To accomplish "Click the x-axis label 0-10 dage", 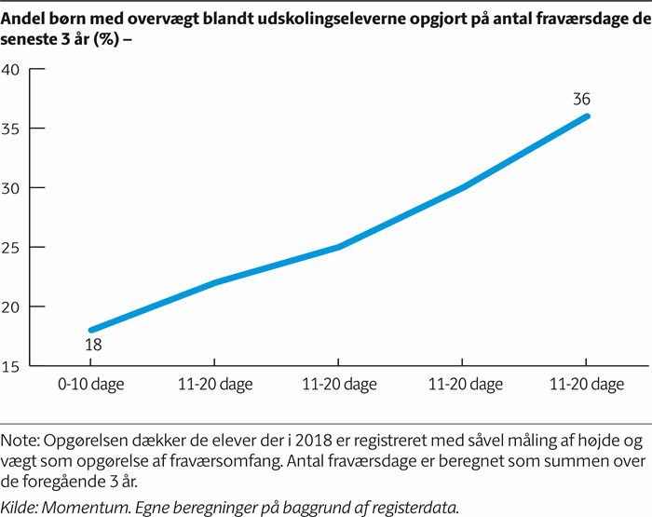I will tap(91, 385).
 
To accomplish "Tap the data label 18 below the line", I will tap(93, 346).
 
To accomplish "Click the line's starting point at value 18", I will tap(91, 330).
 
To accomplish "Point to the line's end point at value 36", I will tap(586, 116).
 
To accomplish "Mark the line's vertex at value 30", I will tap(462, 187).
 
